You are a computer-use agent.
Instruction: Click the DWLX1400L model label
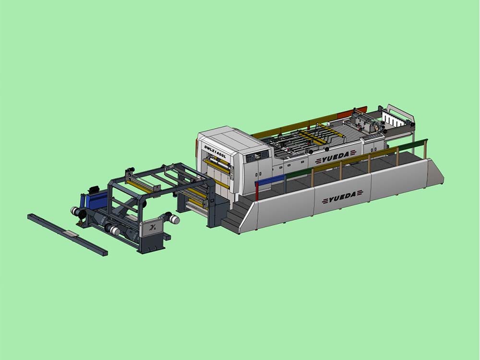tap(215, 152)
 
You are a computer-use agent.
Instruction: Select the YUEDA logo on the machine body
tap(335, 157)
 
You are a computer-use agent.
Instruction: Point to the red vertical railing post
tap(257, 192)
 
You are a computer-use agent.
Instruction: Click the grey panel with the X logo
tap(152, 228)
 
